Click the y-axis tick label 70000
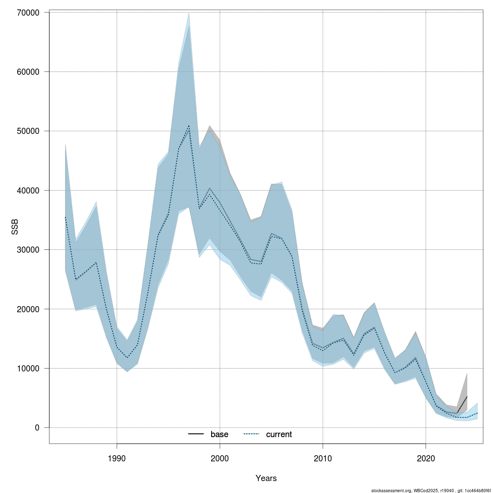point(28,13)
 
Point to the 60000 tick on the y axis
point(28,72)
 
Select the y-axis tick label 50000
point(28,131)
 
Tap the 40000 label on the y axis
point(28,191)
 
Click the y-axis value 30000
point(28,250)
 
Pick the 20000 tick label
point(28,309)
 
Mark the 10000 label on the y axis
point(28,369)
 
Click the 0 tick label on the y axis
point(37,428)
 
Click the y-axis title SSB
point(15,227)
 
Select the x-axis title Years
point(266,478)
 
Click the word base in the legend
point(219,434)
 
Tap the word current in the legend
point(279,434)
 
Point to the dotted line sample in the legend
point(252,434)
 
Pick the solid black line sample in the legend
point(196,434)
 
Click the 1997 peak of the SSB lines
point(189,126)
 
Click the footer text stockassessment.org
point(391,491)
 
